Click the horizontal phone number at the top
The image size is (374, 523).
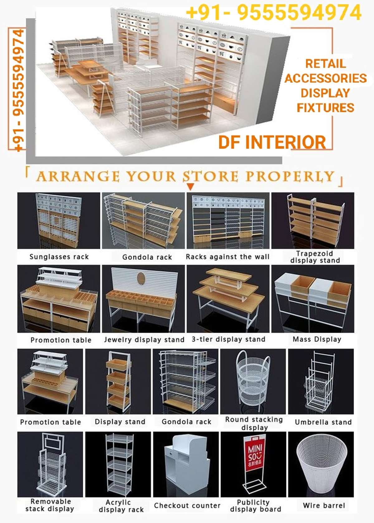pyautogui.click(x=274, y=13)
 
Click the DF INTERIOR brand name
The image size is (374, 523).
pyautogui.click(x=272, y=142)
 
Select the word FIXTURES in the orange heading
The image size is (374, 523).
pyautogui.click(x=325, y=108)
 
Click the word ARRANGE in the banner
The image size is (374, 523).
pyautogui.click(x=78, y=176)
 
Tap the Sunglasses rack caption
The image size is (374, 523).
pyautogui.click(x=59, y=257)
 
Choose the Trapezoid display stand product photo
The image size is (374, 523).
pyautogui.click(x=313, y=220)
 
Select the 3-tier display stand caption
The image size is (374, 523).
pyautogui.click(x=228, y=339)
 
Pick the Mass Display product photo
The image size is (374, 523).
pyautogui.click(x=313, y=299)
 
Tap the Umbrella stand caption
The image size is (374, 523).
pyautogui.click(x=323, y=422)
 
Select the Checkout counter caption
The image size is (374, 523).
pyautogui.click(x=187, y=506)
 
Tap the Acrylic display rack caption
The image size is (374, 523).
pyautogui.click(x=121, y=506)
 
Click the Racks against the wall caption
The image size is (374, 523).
pyautogui.click(x=228, y=257)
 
